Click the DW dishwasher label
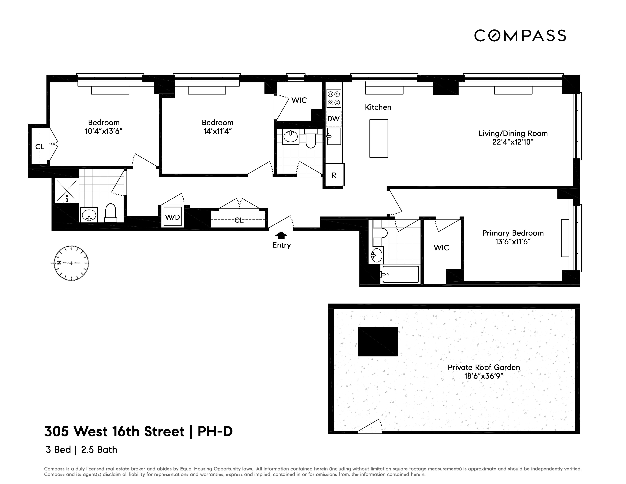tap(334, 119)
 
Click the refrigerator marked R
tap(334, 175)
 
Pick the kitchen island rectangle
tap(379, 139)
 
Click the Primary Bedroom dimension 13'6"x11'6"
tap(513, 242)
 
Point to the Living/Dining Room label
tap(513, 133)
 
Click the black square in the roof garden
tap(377, 342)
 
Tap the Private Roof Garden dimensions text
tap(484, 376)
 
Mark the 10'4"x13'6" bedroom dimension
tap(104, 131)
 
